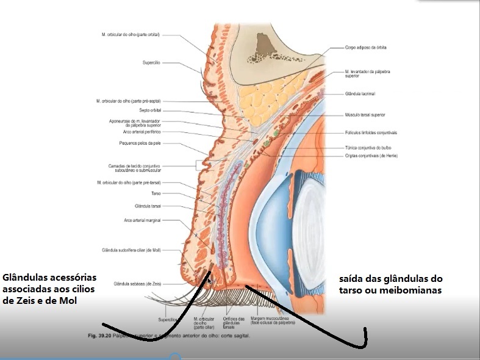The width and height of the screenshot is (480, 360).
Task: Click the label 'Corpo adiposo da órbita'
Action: tap(366, 47)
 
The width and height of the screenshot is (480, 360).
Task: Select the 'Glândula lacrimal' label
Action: tap(359, 93)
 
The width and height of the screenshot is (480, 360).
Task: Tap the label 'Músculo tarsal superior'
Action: tap(365, 115)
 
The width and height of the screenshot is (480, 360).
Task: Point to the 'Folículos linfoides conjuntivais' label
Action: tap(371, 132)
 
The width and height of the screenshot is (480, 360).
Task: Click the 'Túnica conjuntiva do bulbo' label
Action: tap(368, 148)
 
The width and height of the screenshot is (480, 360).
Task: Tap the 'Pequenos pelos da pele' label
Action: tap(140, 143)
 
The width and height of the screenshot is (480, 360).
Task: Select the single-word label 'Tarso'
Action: tap(156, 193)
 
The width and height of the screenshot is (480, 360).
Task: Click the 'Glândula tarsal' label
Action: tap(148, 206)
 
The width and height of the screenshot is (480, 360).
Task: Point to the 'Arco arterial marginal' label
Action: tap(142, 220)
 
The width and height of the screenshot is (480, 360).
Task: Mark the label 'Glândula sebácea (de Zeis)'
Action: tap(137, 284)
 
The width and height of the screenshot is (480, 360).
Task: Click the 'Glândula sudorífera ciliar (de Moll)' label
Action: tap(131, 250)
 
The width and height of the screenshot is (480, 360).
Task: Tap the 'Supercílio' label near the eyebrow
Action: tap(151, 63)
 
